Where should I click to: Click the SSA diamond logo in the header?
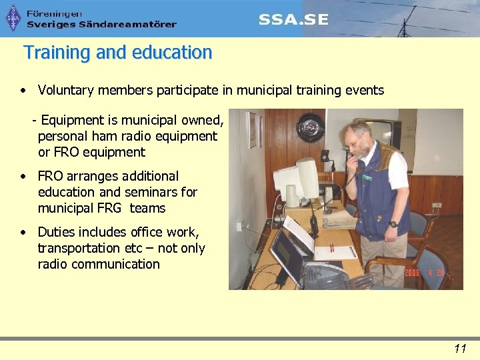click(x=13, y=18)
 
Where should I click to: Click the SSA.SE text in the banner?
click(x=293, y=19)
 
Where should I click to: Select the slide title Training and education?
click(x=118, y=53)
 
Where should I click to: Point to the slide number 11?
click(x=459, y=348)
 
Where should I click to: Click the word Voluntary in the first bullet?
click(x=65, y=90)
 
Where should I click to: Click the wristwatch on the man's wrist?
click(x=393, y=224)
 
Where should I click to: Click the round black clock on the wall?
click(x=310, y=127)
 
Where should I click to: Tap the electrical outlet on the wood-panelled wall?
click(x=437, y=205)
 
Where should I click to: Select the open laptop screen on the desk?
click(x=287, y=256)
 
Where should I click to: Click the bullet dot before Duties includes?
click(x=23, y=233)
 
